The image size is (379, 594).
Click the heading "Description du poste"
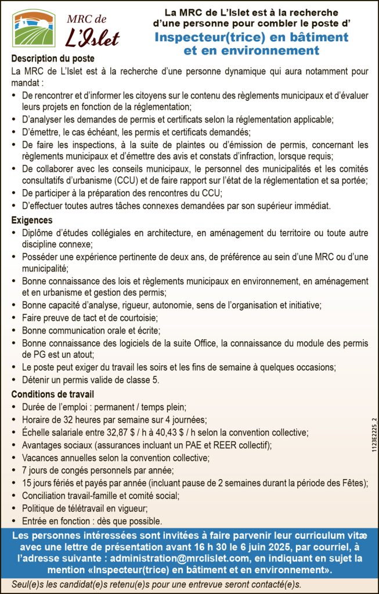click(x=52, y=59)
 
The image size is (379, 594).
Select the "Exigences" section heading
click(x=32, y=220)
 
